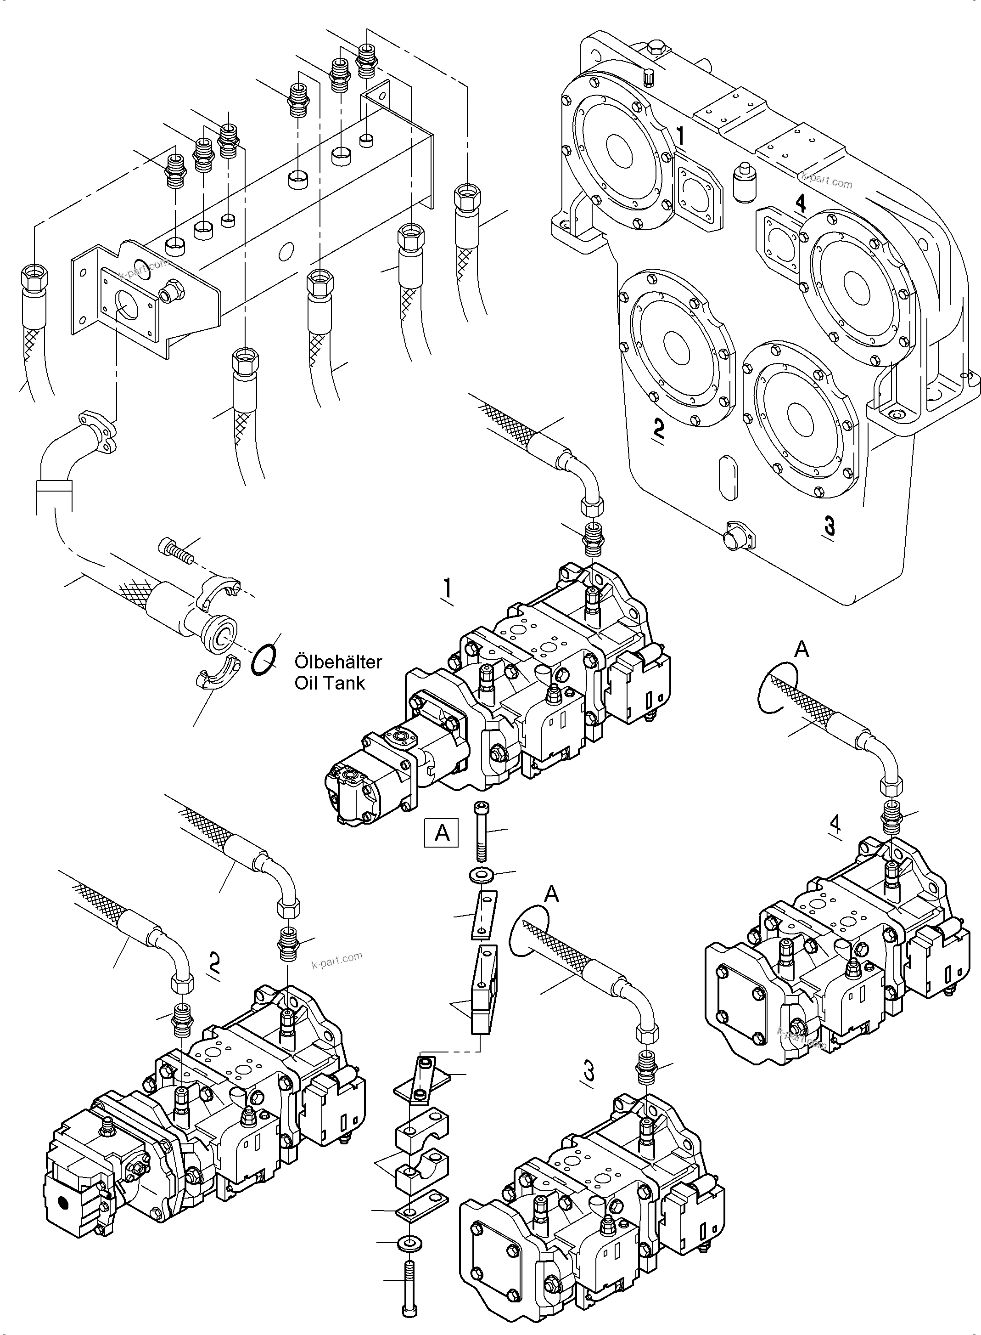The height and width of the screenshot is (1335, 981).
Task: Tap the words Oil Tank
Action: point(330,683)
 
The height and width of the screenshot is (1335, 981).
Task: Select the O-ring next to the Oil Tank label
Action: point(263,660)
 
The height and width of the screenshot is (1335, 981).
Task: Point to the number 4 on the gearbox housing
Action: point(801,203)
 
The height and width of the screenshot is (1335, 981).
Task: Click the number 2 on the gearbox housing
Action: point(658,428)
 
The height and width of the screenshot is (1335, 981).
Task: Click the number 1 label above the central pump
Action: point(447,589)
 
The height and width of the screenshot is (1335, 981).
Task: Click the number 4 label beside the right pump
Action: point(835,824)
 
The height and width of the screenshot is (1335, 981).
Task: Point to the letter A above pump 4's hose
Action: point(801,650)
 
